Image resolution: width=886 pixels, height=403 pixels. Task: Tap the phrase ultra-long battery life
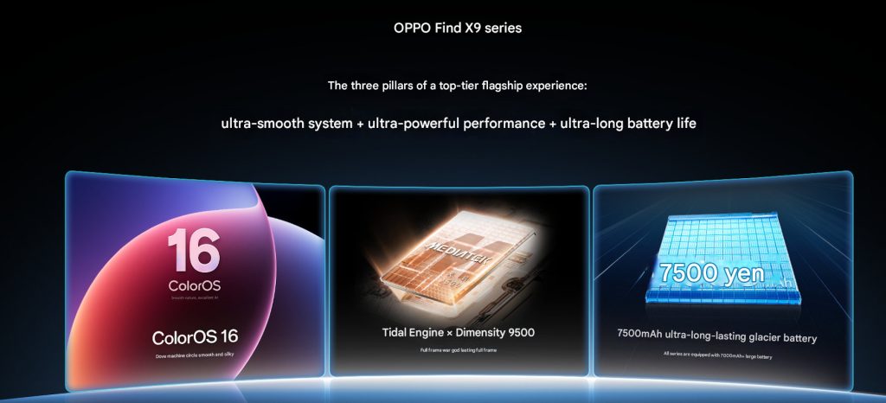pyautogui.click(x=628, y=123)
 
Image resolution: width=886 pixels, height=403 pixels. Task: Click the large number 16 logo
pyautogui.click(x=193, y=251)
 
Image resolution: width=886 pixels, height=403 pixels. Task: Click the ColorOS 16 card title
pyautogui.click(x=195, y=336)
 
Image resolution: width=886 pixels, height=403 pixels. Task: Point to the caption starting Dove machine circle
pyautogui.click(x=195, y=355)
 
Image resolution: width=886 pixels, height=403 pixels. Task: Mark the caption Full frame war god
pyautogui.click(x=459, y=350)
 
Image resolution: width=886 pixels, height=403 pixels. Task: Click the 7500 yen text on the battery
pyautogui.click(x=710, y=273)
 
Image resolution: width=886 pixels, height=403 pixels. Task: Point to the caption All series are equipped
pyautogui.click(x=716, y=355)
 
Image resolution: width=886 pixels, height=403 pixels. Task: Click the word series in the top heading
pyautogui.click(x=503, y=28)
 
